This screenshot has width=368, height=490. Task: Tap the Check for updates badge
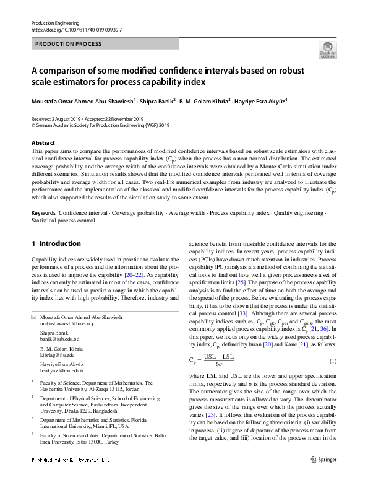point(327,49)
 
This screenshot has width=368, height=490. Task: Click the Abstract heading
point(43,143)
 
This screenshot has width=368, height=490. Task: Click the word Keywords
point(43,212)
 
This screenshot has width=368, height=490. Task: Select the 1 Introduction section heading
point(56,243)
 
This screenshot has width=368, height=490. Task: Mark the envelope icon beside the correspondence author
point(33,317)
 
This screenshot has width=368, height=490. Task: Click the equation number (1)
point(332,361)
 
